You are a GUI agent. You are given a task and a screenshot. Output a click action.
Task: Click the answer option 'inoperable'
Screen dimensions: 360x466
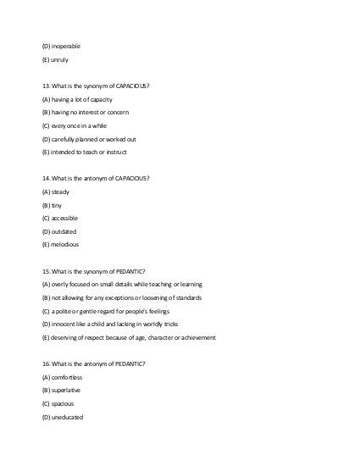coord(68,45)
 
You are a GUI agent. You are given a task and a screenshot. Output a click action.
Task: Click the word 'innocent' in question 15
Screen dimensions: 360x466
coord(66,324)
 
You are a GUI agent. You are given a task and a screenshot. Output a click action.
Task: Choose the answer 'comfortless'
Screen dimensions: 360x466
coord(69,376)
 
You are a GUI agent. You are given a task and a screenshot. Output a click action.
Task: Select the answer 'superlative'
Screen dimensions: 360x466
coord(67,390)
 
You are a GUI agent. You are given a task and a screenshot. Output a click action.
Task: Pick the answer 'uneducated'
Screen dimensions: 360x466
coord(68,416)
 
